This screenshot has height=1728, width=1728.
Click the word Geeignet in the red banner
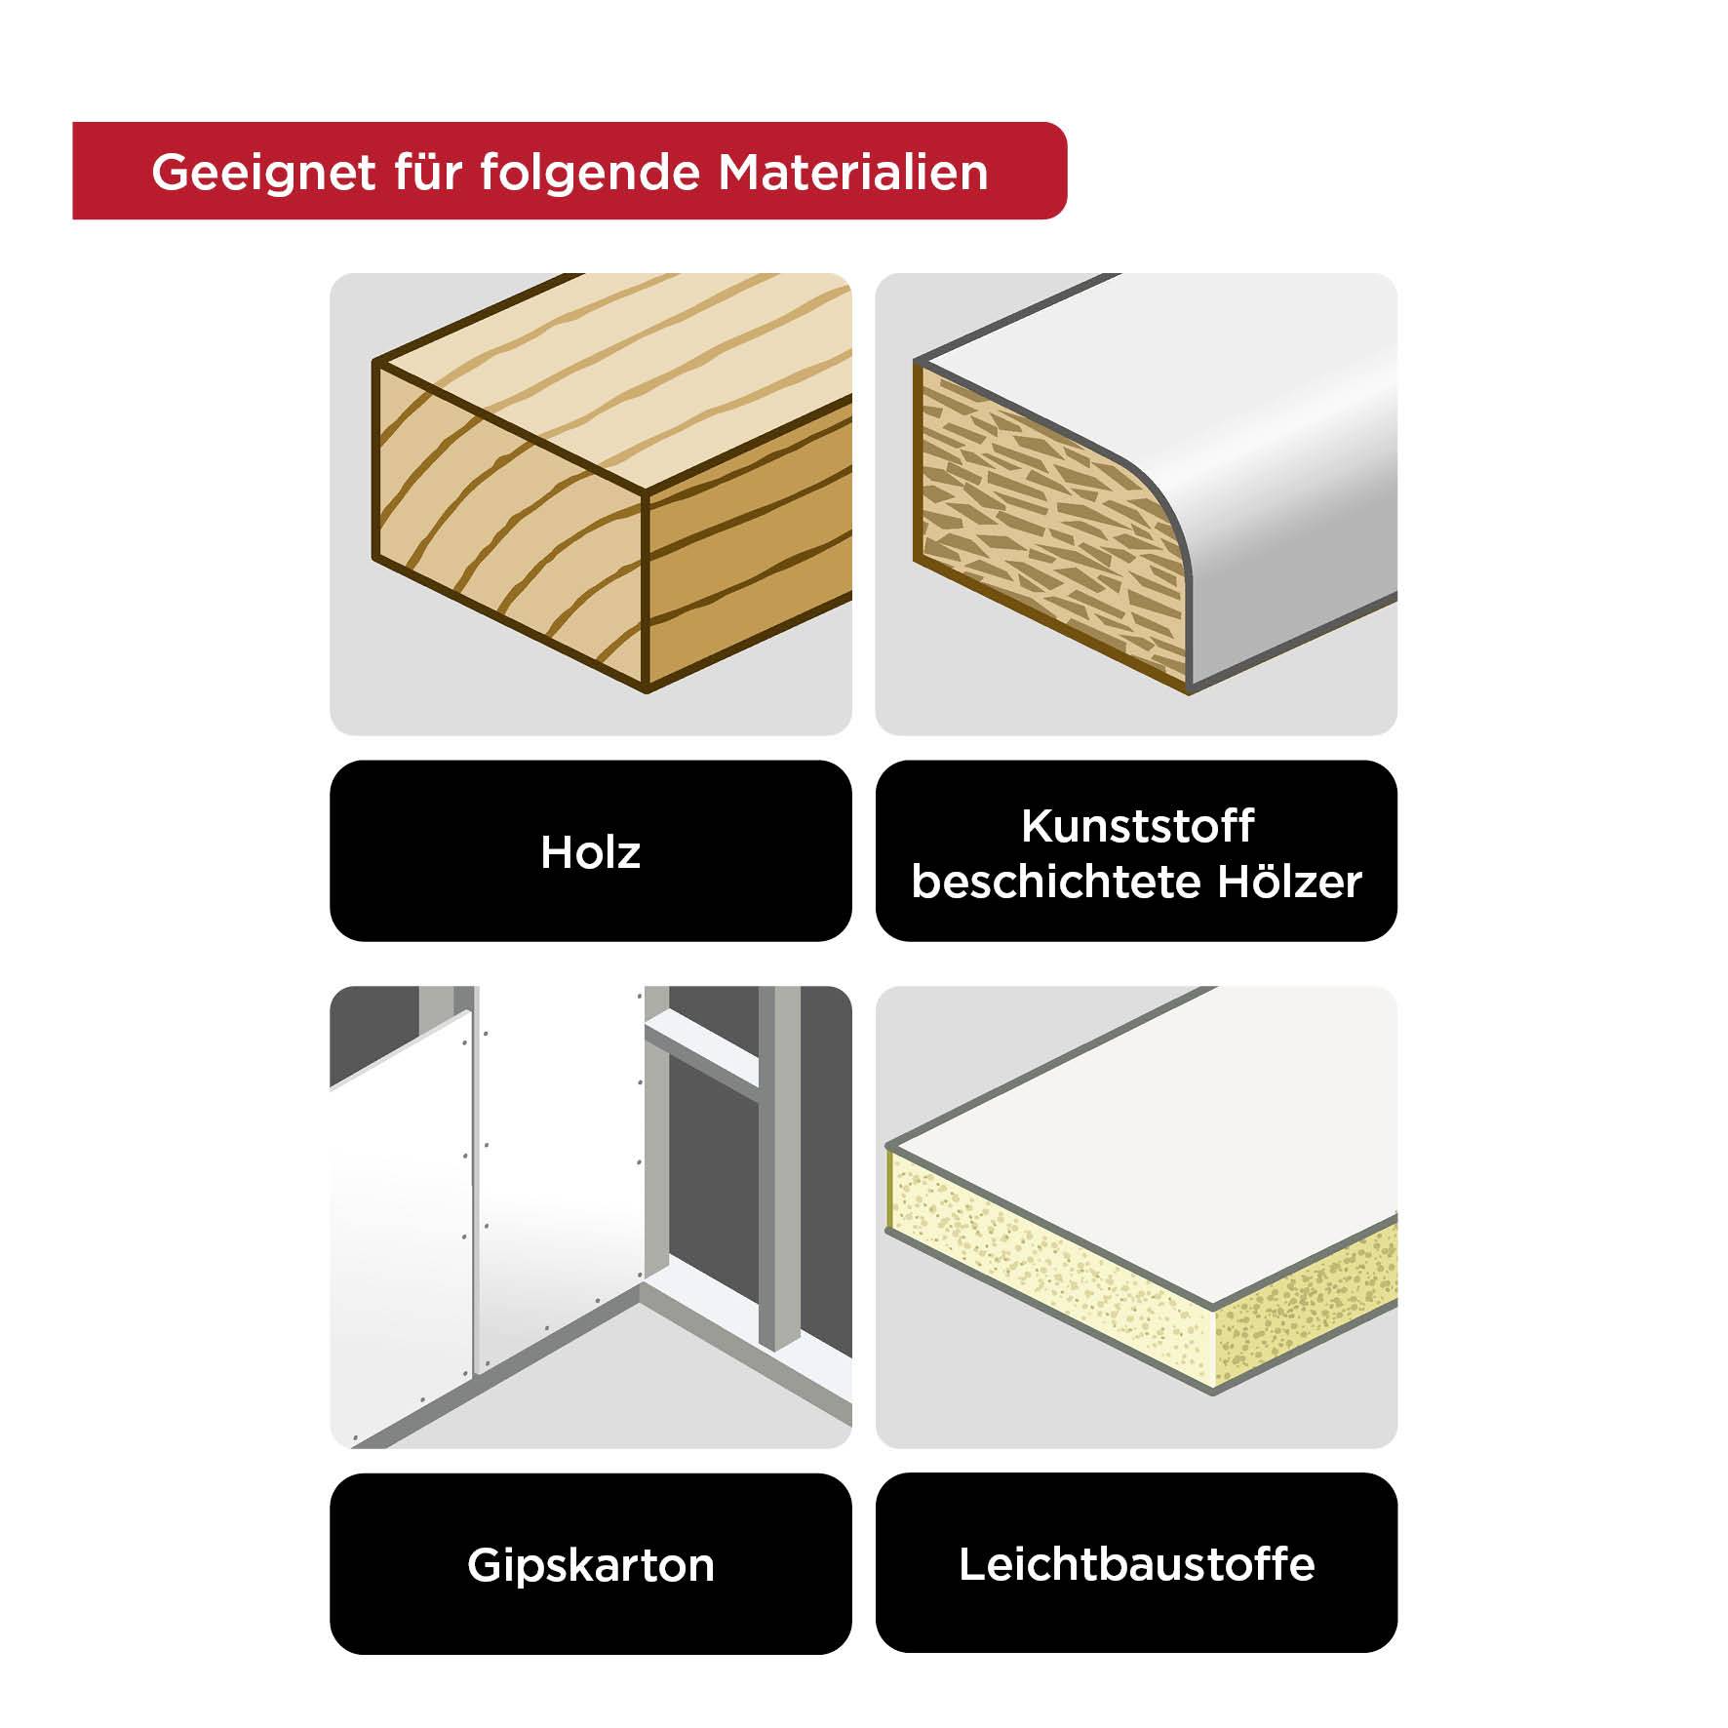[263, 173]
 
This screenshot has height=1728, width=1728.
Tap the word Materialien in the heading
[853, 173]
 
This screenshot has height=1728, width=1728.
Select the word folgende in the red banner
[590, 173]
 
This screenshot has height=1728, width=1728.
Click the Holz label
[590, 852]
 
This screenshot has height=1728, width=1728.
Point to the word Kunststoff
[1137, 826]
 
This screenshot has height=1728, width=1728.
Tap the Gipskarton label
[590, 1565]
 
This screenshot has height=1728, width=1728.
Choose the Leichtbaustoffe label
[1136, 1564]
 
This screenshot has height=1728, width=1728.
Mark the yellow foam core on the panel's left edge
[1043, 1258]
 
